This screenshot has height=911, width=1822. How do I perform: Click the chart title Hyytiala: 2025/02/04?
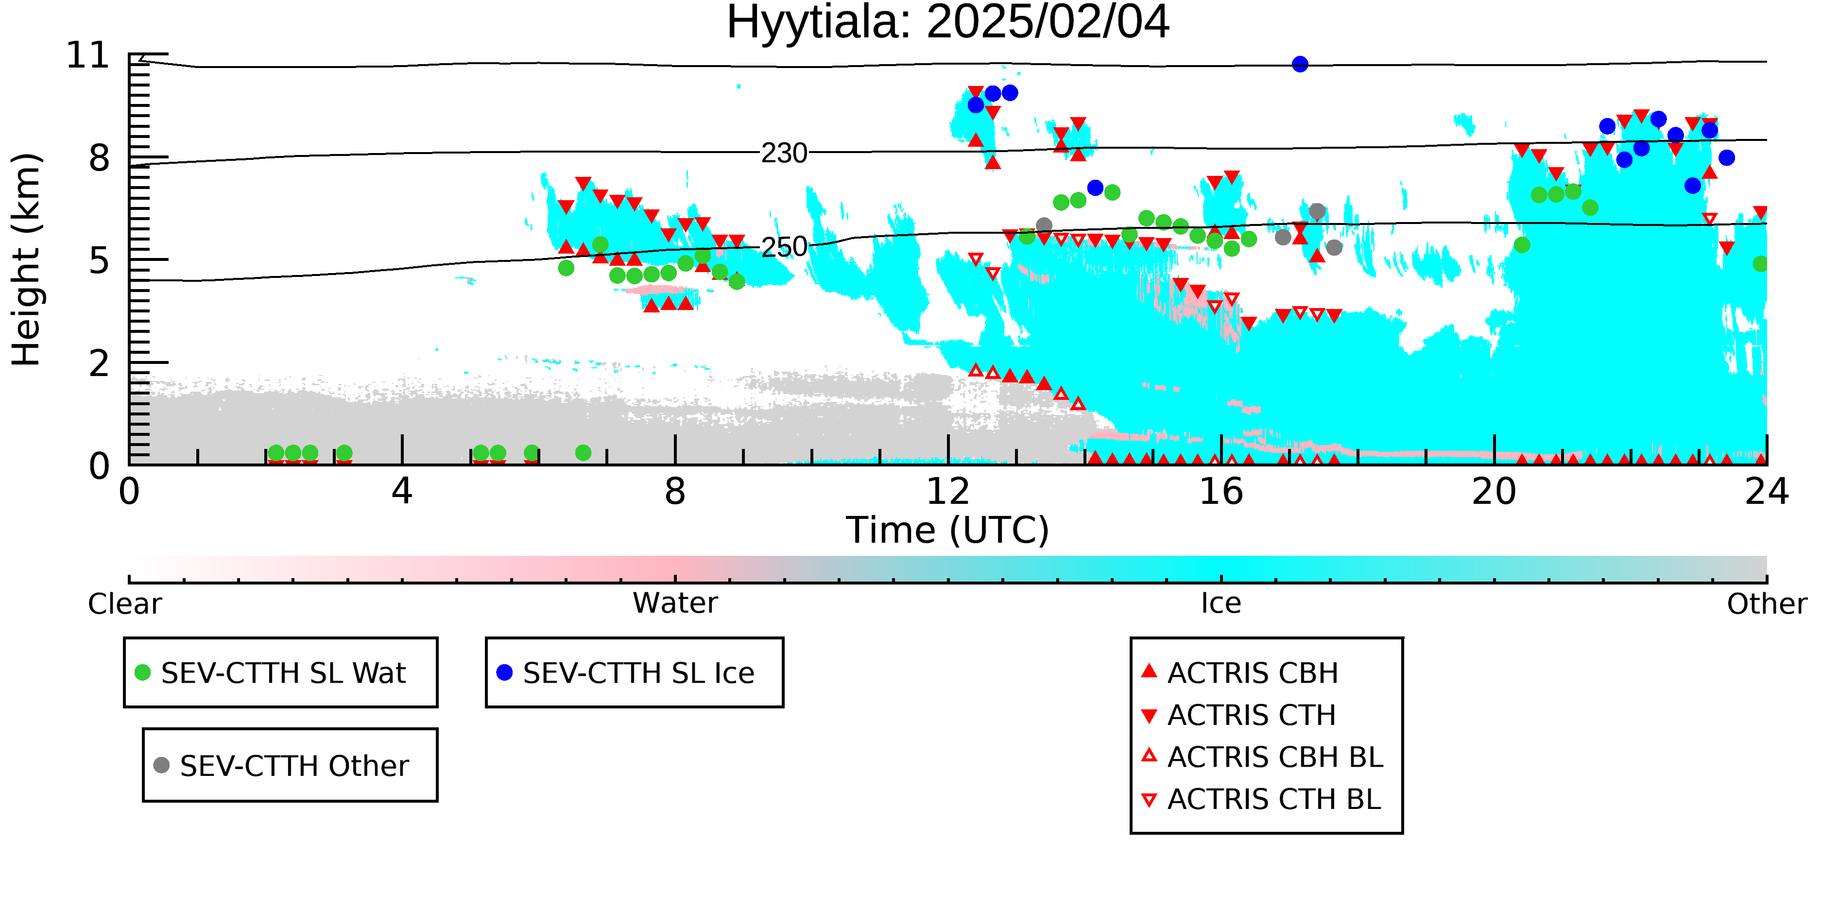(x=948, y=23)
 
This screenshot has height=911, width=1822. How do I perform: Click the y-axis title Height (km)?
(x=26, y=259)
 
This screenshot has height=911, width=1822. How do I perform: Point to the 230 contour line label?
(x=784, y=153)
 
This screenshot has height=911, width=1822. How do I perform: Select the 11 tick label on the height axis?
(x=88, y=55)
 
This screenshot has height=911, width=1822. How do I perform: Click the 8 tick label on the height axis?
(x=100, y=158)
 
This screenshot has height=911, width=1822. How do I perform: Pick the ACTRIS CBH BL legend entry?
(x=1263, y=757)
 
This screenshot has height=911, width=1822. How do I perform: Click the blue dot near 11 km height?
(x=1300, y=64)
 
